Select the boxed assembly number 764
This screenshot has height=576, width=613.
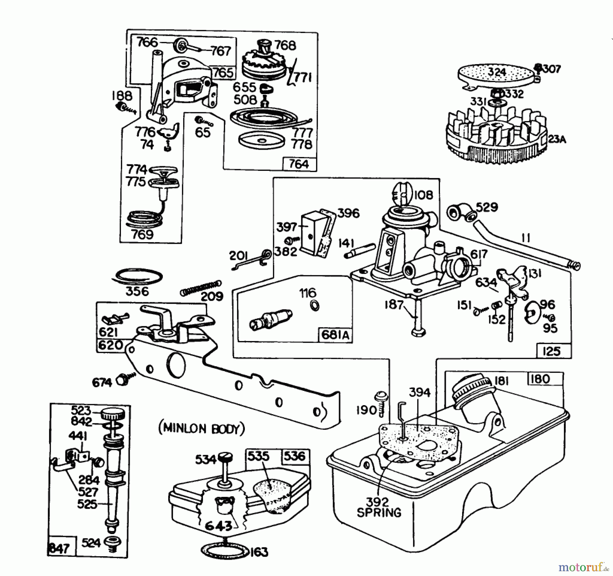[299, 164]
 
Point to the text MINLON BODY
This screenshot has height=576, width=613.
[201, 429]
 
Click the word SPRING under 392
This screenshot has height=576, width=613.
[379, 513]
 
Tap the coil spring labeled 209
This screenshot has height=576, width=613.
[201, 288]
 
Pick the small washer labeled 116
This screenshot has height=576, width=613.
[315, 305]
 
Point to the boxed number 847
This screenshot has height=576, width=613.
[59, 548]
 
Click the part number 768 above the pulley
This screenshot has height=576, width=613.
[285, 45]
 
